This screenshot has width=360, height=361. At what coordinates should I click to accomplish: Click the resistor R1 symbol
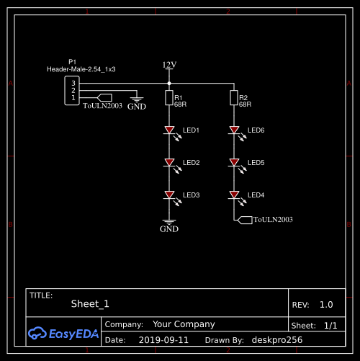(x=169, y=98)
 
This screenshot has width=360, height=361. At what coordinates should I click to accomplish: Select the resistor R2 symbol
(x=234, y=98)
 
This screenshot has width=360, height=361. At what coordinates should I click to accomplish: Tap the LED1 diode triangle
(x=169, y=130)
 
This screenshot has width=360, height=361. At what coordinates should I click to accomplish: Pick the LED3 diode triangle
(x=169, y=195)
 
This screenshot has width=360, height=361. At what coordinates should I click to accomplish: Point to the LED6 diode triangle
(x=234, y=130)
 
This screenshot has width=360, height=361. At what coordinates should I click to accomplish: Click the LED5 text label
(x=256, y=163)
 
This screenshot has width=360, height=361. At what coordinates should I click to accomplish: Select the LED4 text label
(x=256, y=195)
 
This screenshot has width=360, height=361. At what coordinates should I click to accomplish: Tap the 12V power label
(x=169, y=65)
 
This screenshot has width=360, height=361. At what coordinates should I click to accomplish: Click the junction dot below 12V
(x=169, y=84)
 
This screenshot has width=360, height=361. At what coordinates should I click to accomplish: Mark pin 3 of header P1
(x=73, y=83)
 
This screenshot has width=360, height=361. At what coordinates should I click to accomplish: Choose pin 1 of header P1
(x=73, y=98)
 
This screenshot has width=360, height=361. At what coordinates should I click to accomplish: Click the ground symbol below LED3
(x=169, y=222)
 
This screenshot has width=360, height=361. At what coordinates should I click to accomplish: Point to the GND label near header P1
(x=137, y=107)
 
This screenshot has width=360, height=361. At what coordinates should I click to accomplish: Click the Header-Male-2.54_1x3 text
(x=81, y=69)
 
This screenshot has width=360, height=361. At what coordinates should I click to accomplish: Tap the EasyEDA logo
(x=63, y=333)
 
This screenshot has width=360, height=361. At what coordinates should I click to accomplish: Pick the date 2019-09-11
(x=163, y=340)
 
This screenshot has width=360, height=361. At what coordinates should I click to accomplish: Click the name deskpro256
(x=277, y=340)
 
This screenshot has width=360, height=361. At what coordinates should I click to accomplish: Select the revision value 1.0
(x=326, y=305)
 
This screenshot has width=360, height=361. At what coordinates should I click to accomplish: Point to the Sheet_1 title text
(x=90, y=304)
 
